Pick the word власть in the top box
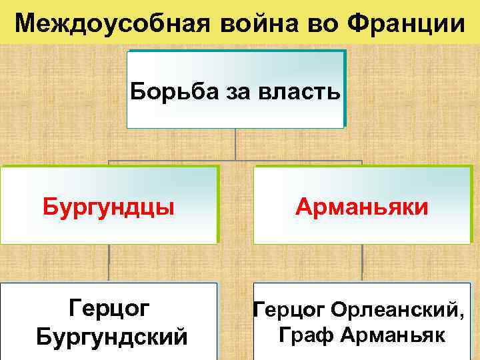(x=301, y=90)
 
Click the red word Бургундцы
(x=109, y=206)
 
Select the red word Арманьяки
(x=362, y=206)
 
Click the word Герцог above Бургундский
(x=109, y=308)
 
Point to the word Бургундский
(x=109, y=334)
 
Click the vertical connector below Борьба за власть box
(x=235, y=143)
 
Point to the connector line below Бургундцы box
(x=109, y=263)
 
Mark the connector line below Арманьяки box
(x=362, y=263)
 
